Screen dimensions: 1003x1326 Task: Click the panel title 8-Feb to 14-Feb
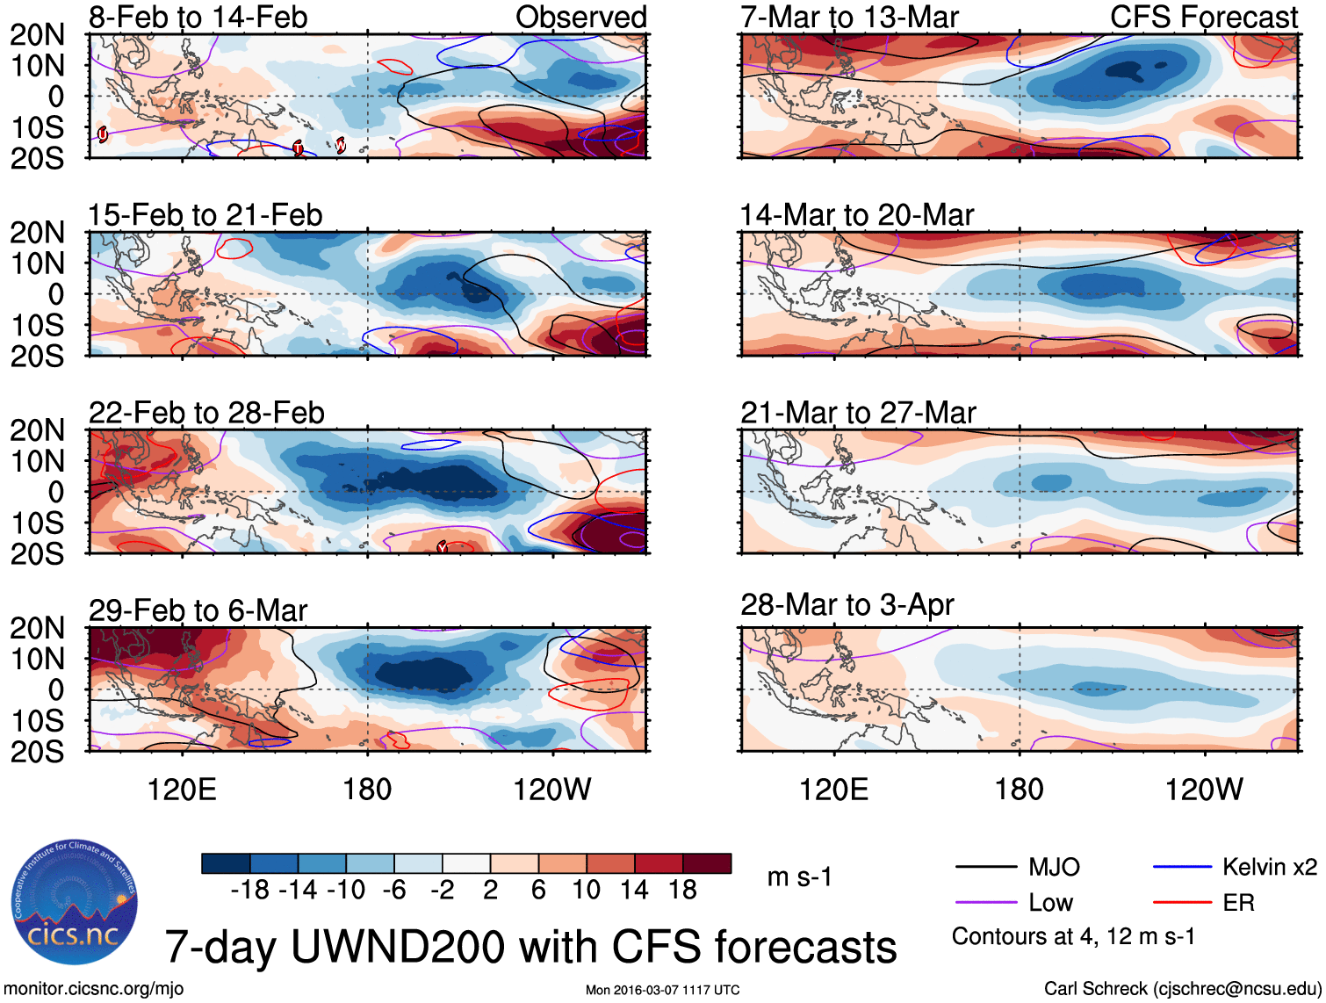pos(198,17)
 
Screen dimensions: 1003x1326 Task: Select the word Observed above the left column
pos(580,17)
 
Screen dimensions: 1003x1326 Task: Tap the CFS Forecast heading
pos(1203,17)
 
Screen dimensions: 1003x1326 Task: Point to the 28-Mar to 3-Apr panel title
pos(847,605)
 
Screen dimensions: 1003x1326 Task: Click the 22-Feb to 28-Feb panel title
pos(206,413)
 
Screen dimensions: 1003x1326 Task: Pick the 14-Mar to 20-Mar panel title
pos(856,215)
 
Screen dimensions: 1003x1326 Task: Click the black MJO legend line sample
pos(985,868)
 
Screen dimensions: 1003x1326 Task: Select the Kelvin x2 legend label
pos(1269,868)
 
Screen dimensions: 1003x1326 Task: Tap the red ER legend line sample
pos(1182,902)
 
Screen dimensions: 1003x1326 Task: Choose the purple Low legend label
pos(1050,903)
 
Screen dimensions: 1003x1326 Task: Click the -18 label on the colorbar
pos(249,890)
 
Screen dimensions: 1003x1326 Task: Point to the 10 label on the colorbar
pos(586,890)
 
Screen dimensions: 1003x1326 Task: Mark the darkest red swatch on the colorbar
pos(707,863)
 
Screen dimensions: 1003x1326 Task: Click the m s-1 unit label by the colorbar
pos(799,877)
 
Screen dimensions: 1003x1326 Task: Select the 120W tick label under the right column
pos(1203,790)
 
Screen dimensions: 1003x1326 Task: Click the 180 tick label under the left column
pos(367,790)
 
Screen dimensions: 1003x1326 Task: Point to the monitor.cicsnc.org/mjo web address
pos(94,989)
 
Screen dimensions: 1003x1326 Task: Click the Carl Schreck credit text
pos(1182,989)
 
